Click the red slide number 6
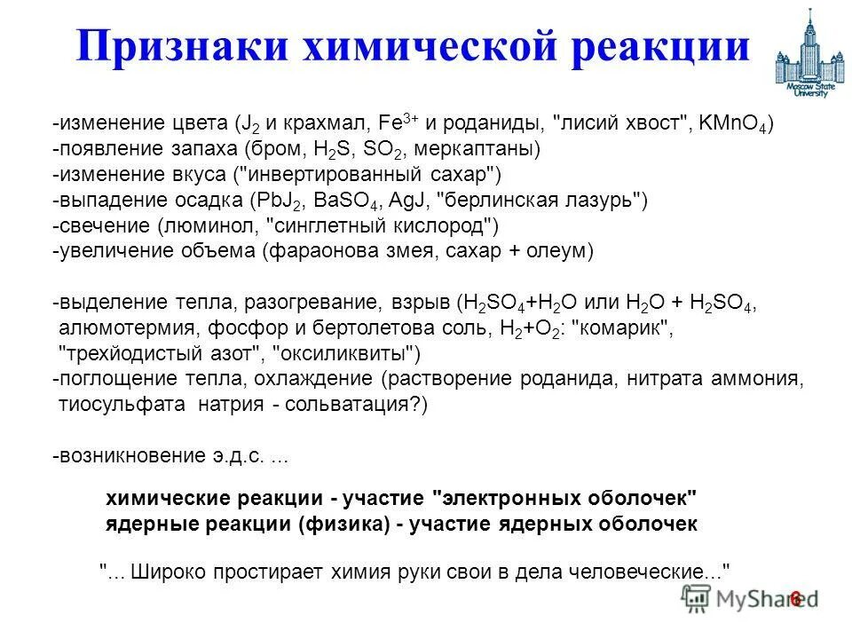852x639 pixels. tap(795, 599)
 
